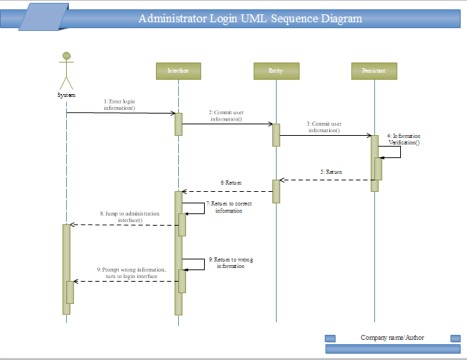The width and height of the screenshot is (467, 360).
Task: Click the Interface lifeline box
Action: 177,70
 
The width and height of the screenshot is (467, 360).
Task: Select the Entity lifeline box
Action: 276,70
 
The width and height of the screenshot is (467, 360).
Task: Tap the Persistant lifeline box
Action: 374,70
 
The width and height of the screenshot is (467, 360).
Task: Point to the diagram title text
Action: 250,19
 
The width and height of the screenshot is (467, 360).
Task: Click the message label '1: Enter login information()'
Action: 119,105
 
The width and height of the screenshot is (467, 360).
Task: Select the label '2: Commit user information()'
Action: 226,116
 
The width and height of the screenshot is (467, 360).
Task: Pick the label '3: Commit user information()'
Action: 325,127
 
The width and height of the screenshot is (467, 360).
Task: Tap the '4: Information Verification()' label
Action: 404,139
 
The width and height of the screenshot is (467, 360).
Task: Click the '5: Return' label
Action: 331,172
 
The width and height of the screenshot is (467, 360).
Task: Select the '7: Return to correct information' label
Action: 228,208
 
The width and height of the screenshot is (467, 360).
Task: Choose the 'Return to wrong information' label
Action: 230,262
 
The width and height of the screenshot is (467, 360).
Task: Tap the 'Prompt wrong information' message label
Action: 131,272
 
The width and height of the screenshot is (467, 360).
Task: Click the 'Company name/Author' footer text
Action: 392,337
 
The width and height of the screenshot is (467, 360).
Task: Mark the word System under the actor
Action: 66,95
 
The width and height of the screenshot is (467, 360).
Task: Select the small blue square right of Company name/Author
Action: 455,338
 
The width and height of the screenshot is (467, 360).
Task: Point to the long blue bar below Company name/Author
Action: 392,349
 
